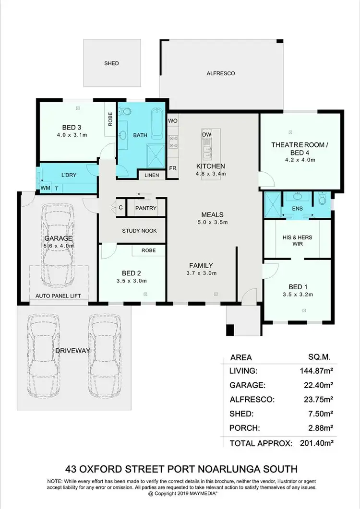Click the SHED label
[111, 63]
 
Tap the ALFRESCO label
[220, 73]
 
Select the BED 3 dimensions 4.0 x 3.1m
[72, 135]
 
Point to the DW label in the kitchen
[207, 134]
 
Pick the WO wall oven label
[173, 121]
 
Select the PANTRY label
[146, 208]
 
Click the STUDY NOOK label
[139, 231]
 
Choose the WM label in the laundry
[45, 188]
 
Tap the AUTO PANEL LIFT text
[58, 296]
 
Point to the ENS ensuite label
[298, 209]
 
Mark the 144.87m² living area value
[313, 370]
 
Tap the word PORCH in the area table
[245, 428]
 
